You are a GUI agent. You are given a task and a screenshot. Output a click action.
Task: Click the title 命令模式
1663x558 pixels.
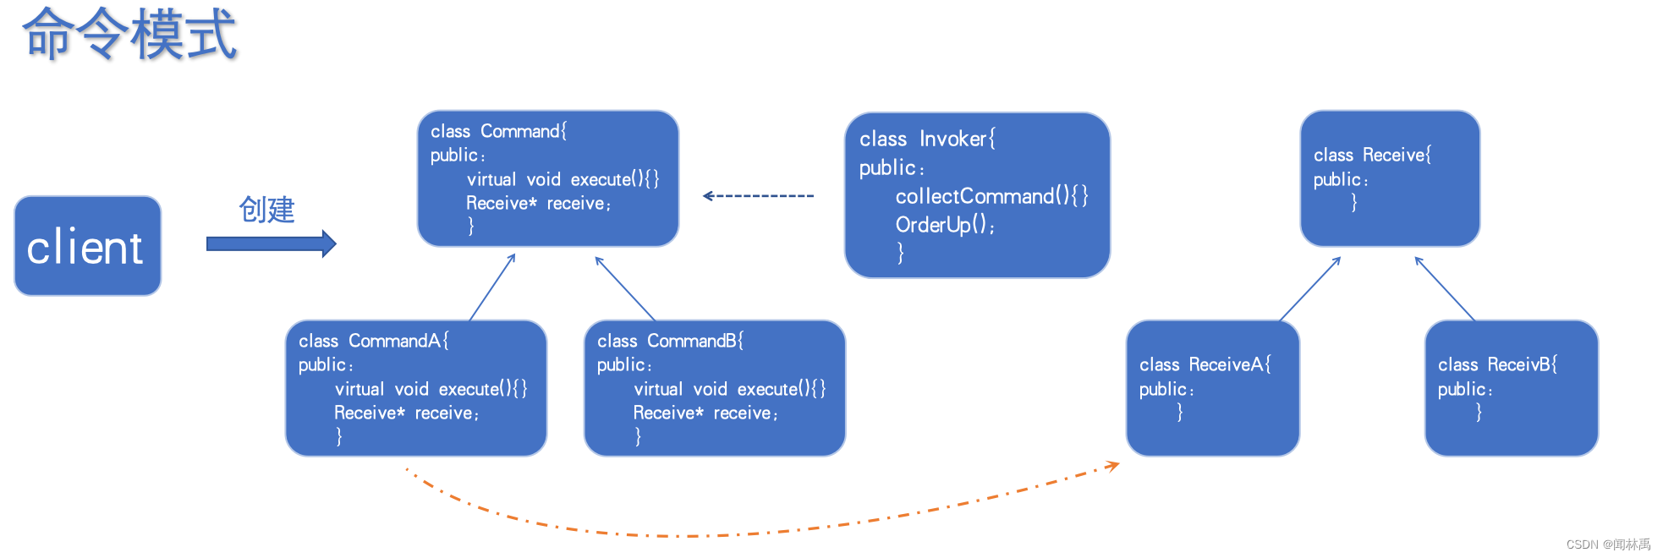pyautogui.click(x=129, y=35)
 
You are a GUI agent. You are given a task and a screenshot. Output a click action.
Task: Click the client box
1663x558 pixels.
pyautogui.click(x=87, y=246)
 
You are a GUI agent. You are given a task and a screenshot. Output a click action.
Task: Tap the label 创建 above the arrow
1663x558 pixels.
pyautogui.click(x=266, y=210)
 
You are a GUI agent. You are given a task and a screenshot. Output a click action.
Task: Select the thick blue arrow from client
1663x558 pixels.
pyautogui.click(x=271, y=244)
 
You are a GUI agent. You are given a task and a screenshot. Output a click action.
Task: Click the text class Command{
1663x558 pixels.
pyautogui.click(x=498, y=131)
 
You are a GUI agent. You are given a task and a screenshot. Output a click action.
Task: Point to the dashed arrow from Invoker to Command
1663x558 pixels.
pyautogui.click(x=758, y=196)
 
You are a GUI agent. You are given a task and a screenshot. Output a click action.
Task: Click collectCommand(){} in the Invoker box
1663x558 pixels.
pyautogui.click(x=991, y=196)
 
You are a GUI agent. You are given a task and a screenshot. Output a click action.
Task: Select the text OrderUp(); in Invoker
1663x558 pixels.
pyautogui.click(x=945, y=225)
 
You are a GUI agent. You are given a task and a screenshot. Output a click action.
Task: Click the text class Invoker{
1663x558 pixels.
pyautogui.click(x=927, y=139)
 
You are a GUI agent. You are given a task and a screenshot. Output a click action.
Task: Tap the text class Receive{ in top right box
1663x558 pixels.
pyautogui.click(x=1372, y=155)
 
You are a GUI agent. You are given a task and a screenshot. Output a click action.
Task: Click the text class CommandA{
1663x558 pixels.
pyautogui.click(x=373, y=341)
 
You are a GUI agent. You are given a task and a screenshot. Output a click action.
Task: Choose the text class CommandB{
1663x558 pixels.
pyautogui.click(x=670, y=341)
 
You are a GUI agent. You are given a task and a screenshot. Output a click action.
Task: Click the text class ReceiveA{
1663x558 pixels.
pyautogui.click(x=1205, y=364)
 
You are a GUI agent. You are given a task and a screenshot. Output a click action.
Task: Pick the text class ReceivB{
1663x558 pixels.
pyautogui.click(x=1497, y=364)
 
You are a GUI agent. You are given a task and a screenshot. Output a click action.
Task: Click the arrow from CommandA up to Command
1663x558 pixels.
pyautogui.click(x=492, y=287)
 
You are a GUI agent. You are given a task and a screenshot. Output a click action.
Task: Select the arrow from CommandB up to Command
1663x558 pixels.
pyautogui.click(x=625, y=288)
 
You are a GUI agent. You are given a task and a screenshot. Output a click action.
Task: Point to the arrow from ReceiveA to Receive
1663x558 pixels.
pyautogui.click(x=1310, y=289)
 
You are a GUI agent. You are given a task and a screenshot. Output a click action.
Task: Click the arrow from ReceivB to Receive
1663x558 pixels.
pyautogui.click(x=1445, y=289)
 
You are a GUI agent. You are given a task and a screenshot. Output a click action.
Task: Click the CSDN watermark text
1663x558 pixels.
pyautogui.click(x=1608, y=544)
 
